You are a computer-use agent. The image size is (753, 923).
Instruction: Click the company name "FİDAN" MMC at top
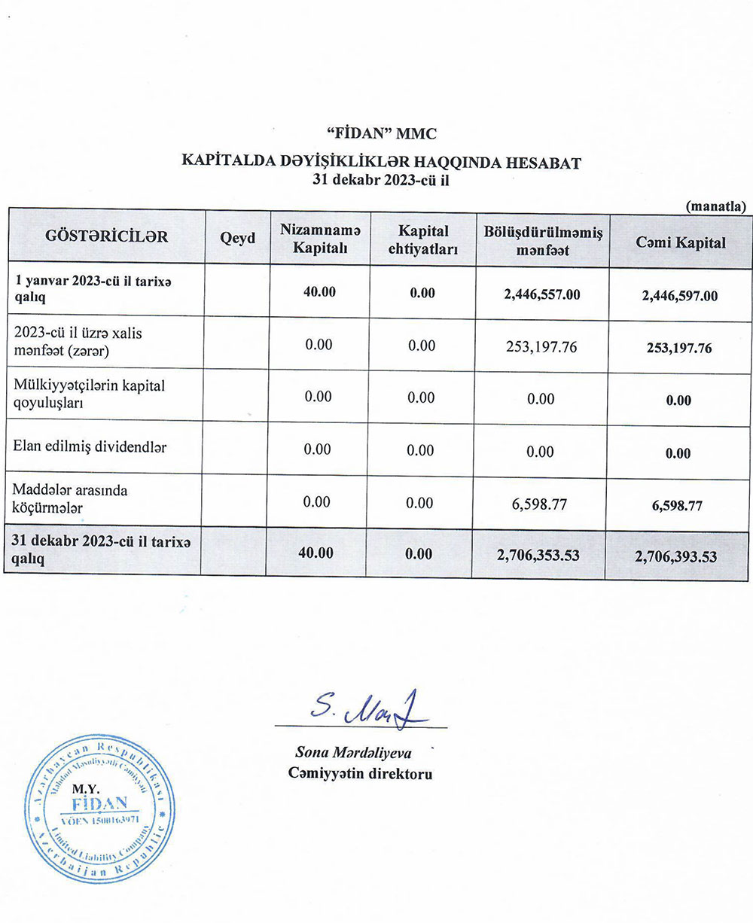coord(382,134)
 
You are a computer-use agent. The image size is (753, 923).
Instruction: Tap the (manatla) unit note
coord(715,205)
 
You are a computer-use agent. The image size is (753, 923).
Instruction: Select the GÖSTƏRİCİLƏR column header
coord(106,237)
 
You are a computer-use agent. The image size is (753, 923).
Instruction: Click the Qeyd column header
coord(237,238)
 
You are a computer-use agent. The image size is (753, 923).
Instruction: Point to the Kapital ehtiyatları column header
coord(423,240)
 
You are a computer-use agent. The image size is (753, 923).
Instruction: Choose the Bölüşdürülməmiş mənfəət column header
coord(542,242)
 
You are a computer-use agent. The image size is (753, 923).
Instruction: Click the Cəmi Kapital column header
coord(681,242)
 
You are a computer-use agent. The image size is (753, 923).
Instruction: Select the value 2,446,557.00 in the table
coord(542,294)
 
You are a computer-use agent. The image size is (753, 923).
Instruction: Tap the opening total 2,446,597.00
coord(680,296)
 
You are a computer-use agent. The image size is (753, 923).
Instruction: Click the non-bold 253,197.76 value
coord(541,347)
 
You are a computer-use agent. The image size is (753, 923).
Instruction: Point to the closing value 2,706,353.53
coord(538,556)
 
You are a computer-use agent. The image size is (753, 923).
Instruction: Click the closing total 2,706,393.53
coord(675,557)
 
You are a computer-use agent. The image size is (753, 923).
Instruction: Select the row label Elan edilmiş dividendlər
coord(90,446)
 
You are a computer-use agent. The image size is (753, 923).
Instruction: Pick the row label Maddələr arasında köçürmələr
coord(71,499)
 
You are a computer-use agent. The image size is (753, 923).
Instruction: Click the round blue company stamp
coord(99,810)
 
